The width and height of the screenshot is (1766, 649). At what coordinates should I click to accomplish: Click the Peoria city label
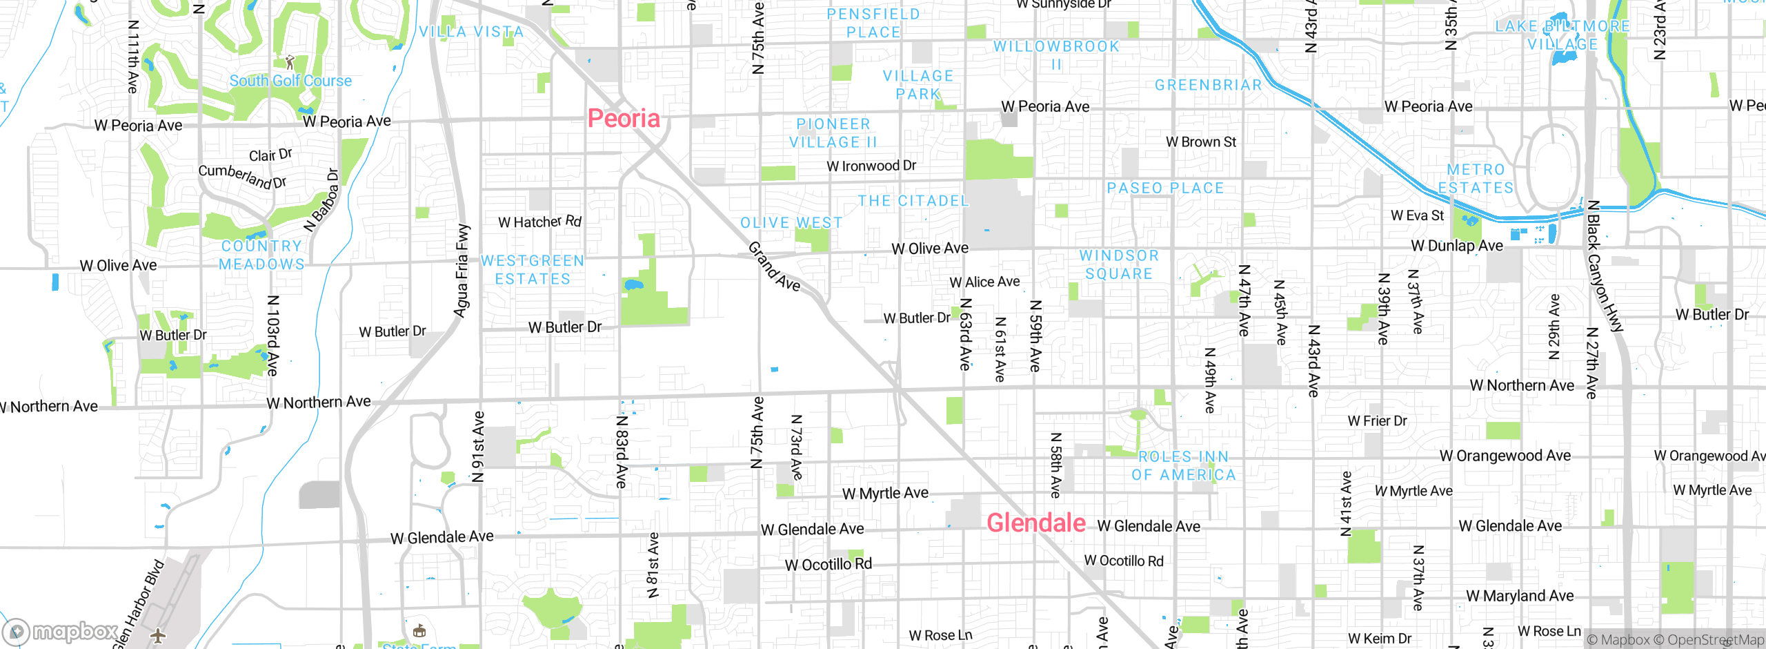[624, 119]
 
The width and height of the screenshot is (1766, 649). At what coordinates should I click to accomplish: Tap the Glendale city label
[1036, 523]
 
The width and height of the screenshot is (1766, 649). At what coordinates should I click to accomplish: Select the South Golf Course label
[290, 81]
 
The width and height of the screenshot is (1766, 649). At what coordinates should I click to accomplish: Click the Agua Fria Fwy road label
[462, 271]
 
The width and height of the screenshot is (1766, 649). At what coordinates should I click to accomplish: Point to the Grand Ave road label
[774, 267]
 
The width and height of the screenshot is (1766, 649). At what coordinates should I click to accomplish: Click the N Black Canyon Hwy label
[1604, 266]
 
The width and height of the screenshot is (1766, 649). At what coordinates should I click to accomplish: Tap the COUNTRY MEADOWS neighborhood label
[261, 255]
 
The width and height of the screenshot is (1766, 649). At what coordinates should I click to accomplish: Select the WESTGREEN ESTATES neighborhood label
[533, 270]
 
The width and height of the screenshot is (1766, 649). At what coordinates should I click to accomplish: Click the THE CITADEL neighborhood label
[913, 201]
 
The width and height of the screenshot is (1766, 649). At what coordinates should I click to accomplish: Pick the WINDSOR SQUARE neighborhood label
[1119, 264]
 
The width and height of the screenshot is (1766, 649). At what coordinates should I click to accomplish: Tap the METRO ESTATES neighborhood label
[1476, 179]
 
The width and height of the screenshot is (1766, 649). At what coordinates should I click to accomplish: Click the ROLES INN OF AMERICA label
[1183, 466]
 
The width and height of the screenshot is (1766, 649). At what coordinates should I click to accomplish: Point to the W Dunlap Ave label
[1456, 246]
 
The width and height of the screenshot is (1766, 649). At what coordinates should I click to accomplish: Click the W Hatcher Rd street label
[539, 222]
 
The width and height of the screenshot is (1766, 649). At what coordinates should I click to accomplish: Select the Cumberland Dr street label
[242, 176]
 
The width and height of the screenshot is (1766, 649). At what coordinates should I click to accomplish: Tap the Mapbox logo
[61, 632]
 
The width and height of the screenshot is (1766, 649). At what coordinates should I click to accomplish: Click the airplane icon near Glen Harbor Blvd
[158, 635]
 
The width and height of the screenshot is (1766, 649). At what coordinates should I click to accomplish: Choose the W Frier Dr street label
[1377, 421]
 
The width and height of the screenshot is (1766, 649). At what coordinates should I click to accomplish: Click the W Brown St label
[1200, 142]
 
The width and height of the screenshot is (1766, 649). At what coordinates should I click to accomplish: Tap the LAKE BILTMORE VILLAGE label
[1562, 35]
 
